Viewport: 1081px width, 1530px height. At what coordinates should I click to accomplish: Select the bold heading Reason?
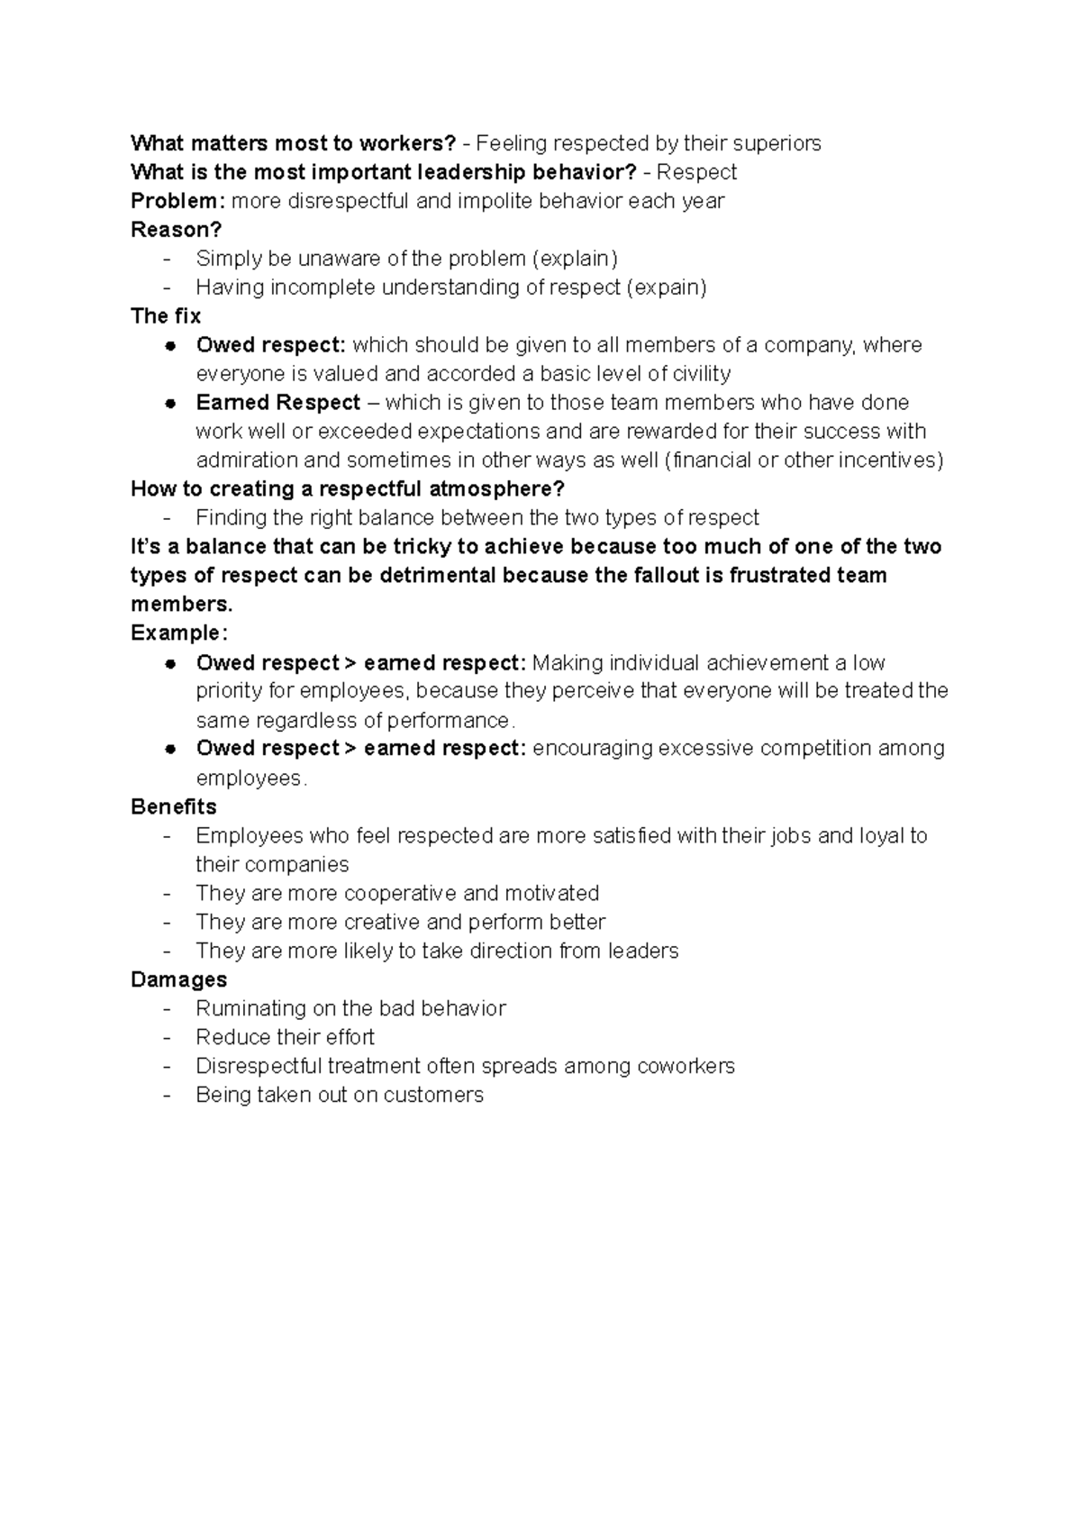[176, 230]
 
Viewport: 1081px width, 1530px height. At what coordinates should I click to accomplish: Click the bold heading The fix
[166, 316]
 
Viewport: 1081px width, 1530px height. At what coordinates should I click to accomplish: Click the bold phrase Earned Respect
[277, 403]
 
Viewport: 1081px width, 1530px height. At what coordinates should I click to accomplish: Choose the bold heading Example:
[179, 633]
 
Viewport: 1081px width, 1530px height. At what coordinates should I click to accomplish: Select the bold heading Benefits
[174, 806]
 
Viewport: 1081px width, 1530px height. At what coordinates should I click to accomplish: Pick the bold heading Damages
[178, 979]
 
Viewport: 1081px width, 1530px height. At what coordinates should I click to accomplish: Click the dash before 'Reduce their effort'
[167, 1037]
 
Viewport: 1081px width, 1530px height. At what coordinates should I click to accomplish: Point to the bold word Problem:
[177, 201]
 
